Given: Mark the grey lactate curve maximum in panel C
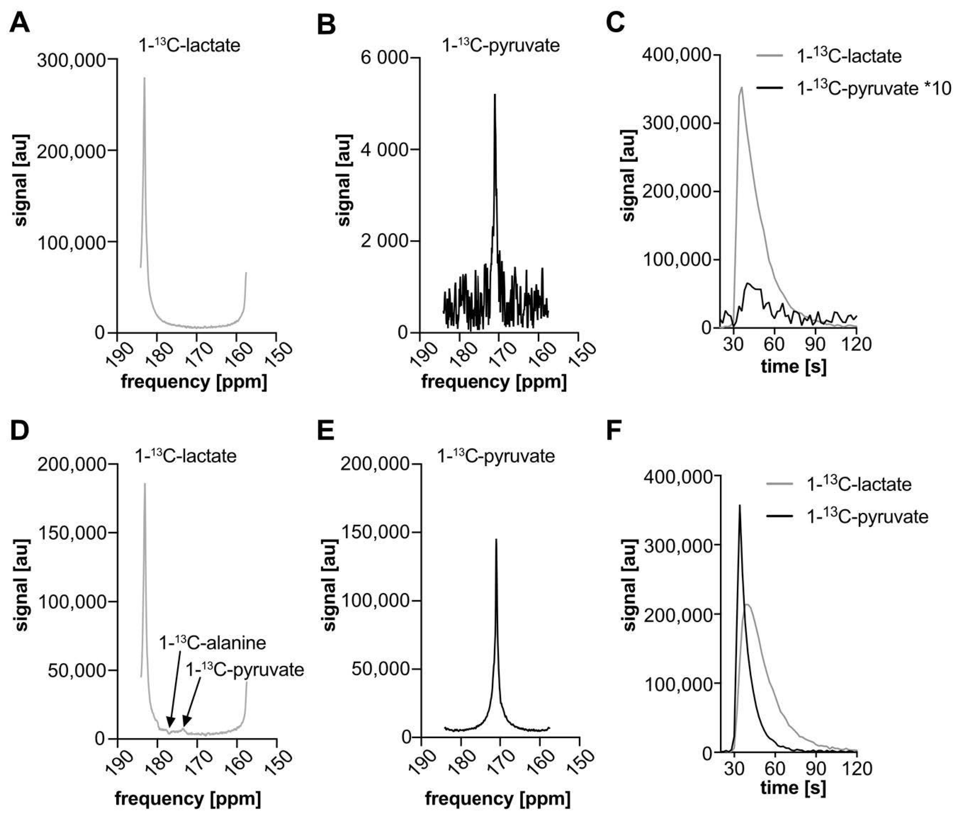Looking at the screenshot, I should (741, 87).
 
